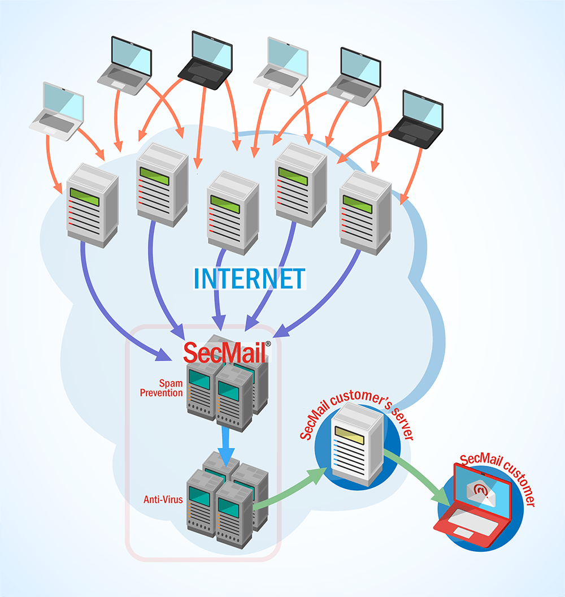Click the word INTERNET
249,278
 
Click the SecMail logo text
225,352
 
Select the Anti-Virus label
163,500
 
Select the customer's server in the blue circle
356,444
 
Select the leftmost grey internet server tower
92,204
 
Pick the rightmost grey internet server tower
366,212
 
